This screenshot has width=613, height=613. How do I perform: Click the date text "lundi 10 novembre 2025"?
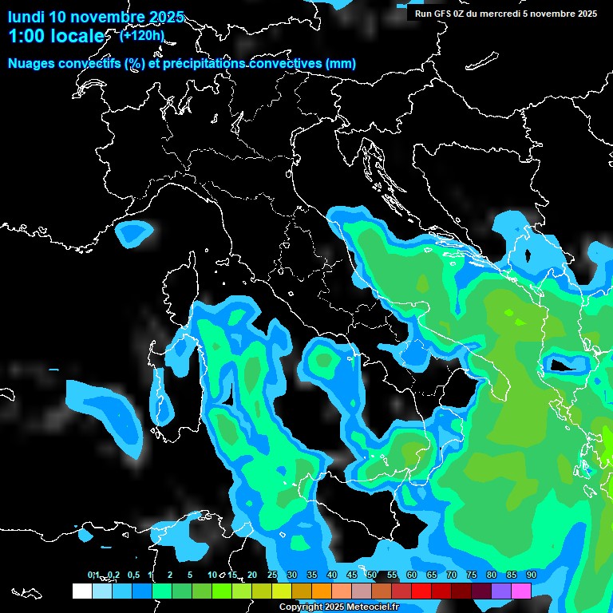click(x=96, y=17)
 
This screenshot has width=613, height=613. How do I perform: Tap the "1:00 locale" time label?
click(x=56, y=37)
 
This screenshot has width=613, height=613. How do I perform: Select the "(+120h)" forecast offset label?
click(x=142, y=35)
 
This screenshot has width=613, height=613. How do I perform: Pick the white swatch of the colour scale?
click(x=81, y=591)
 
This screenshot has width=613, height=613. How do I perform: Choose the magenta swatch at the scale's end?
click(x=521, y=591)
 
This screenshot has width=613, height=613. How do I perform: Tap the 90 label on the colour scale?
click(x=532, y=575)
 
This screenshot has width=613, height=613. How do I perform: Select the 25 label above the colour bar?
click(x=272, y=575)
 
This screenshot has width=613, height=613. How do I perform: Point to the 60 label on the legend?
click(x=412, y=575)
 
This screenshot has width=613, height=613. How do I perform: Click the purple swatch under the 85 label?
click(x=501, y=591)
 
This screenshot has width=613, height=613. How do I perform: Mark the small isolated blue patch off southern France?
click(x=134, y=233)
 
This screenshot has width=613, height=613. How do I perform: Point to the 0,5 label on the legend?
click(x=132, y=575)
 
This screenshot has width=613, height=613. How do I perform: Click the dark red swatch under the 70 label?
click(x=441, y=591)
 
